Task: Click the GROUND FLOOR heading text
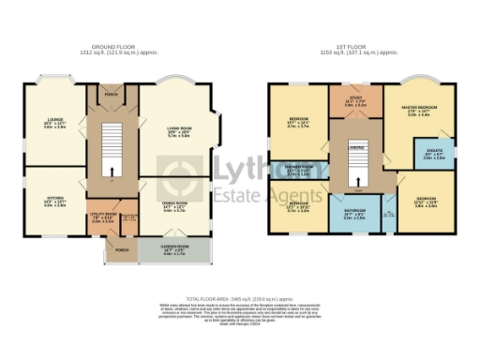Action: tap(115, 46)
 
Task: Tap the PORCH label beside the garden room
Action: tap(121, 250)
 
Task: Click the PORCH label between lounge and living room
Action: tap(112, 93)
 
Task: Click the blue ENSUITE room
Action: tap(435, 156)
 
